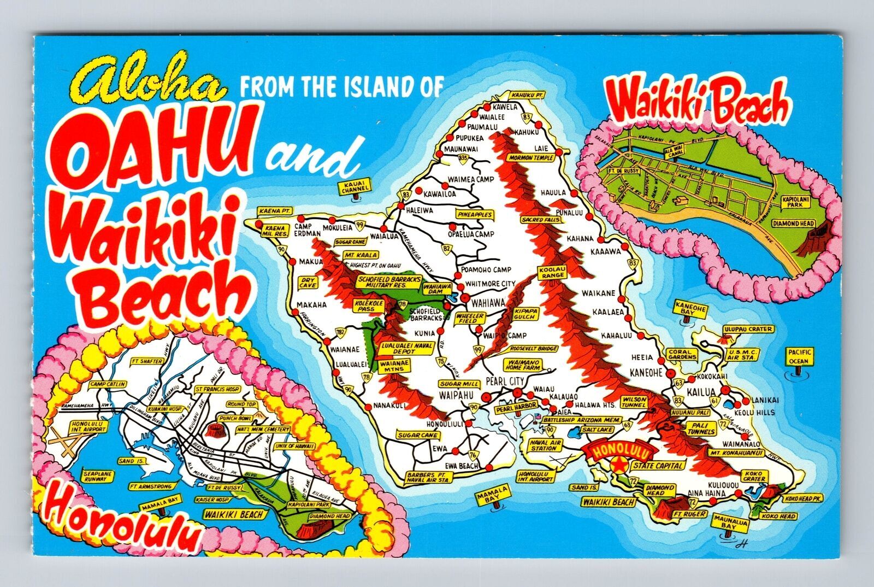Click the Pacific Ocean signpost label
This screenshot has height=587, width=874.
(800, 356)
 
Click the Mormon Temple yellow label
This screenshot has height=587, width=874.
(532, 157)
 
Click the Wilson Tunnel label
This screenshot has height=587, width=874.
(633, 402)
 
